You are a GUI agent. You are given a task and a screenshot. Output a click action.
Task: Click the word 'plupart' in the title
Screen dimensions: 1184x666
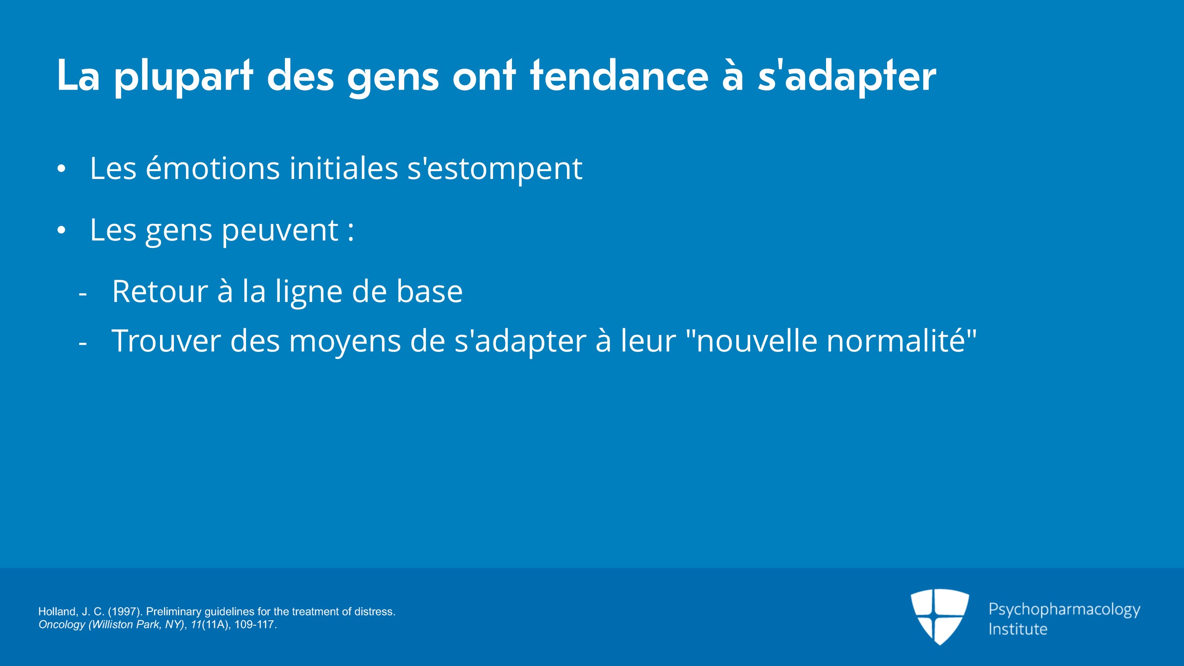pos(184,77)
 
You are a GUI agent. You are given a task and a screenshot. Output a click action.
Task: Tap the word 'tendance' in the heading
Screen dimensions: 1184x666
pos(619,75)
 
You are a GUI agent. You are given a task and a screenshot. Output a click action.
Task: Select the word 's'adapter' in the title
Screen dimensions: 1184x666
pos(847,77)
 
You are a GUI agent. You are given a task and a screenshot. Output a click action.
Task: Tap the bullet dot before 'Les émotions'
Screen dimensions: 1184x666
pos(62,169)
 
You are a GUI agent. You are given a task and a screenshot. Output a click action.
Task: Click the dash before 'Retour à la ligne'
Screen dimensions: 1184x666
pos(83,294)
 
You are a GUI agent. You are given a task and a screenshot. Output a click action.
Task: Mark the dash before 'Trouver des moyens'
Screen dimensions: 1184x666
pos(83,344)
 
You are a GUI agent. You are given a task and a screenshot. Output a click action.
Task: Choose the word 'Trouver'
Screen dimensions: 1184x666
pos(166,341)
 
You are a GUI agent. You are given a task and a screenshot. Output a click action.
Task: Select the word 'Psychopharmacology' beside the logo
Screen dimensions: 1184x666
pos(1064,610)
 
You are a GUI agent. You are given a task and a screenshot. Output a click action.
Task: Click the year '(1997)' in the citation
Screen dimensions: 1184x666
pos(125,611)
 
